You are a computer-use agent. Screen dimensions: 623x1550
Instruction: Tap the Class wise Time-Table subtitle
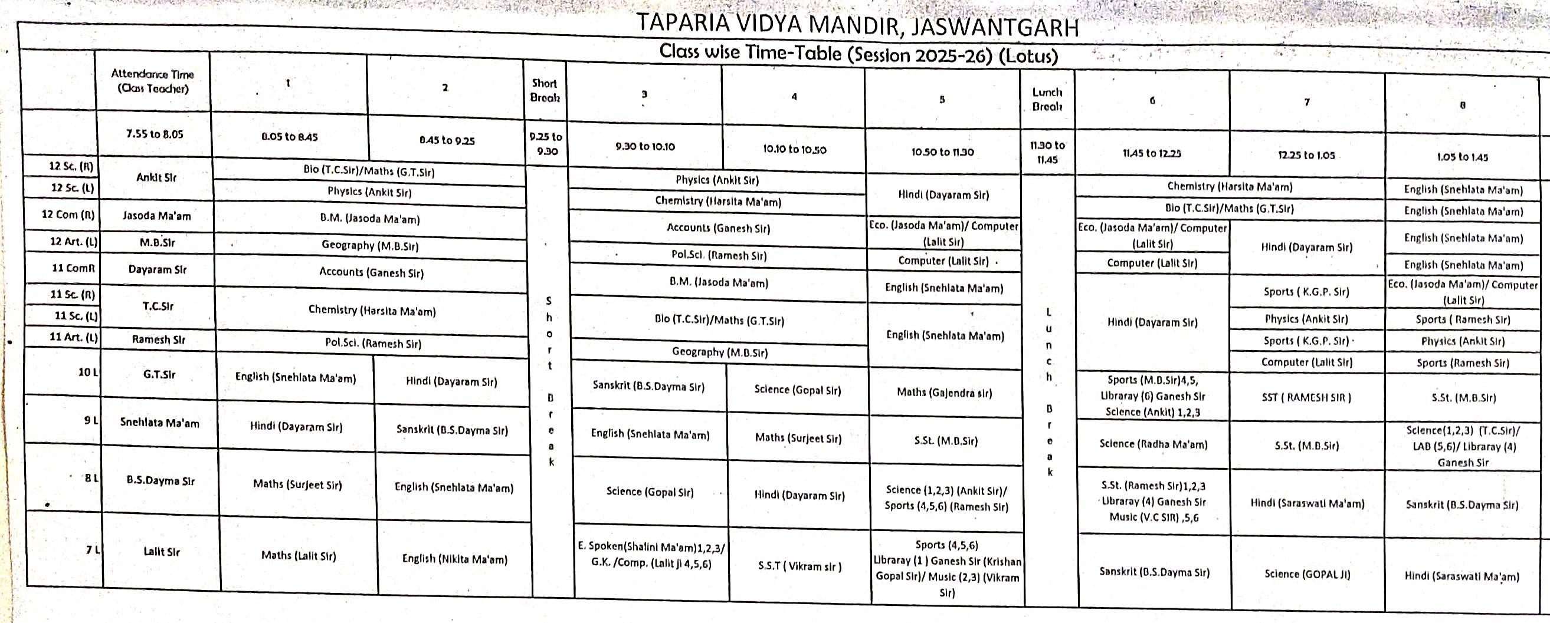858,54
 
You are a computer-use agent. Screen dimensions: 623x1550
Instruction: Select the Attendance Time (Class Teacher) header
152,81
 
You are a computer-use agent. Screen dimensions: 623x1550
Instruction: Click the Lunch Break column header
1047,99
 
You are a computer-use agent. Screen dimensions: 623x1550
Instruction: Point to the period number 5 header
942,100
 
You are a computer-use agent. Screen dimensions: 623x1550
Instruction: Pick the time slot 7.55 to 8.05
155,134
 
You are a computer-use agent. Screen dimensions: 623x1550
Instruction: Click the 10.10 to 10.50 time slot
794,149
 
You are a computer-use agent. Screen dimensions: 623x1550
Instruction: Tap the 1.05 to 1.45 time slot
1462,157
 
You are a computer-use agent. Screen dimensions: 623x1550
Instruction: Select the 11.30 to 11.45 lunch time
1047,152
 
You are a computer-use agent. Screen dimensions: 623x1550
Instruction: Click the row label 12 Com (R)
68,214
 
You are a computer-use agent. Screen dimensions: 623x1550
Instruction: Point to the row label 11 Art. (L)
73,337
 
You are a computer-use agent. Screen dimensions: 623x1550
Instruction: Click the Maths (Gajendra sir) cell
944,392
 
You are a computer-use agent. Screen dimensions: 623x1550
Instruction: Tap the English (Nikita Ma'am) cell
454,559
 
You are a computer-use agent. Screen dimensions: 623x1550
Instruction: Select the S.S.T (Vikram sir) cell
799,566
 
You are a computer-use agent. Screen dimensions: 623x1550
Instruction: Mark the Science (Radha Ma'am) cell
1153,444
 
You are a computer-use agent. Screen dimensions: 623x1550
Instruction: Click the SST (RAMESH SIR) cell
1306,397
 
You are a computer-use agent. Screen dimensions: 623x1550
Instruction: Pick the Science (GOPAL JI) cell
1307,573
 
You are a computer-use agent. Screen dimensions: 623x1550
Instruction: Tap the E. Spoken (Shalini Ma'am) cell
651,556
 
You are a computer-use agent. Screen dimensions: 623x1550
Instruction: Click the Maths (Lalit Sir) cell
298,556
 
